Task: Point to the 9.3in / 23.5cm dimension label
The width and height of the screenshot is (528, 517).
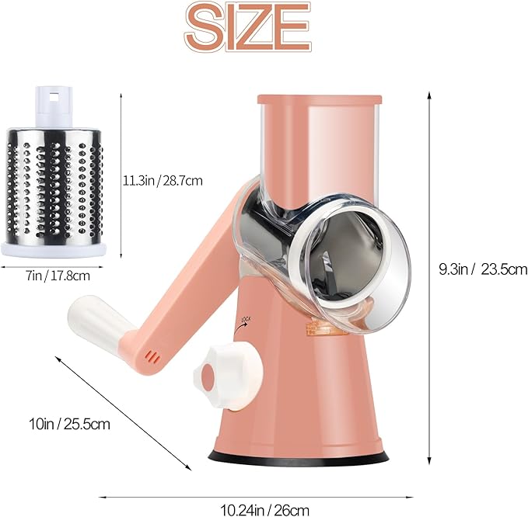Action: point(482,270)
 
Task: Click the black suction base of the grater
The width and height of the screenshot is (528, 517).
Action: point(299,458)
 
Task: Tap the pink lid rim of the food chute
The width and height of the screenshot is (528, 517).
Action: point(319,99)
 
